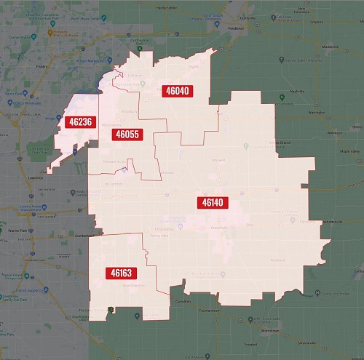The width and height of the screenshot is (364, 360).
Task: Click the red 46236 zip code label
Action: pos(79,122)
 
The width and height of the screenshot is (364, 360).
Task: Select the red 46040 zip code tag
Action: pos(175,91)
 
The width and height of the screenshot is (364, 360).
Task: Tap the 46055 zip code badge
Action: pos(126,135)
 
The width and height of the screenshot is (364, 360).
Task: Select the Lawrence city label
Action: pos(26,177)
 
